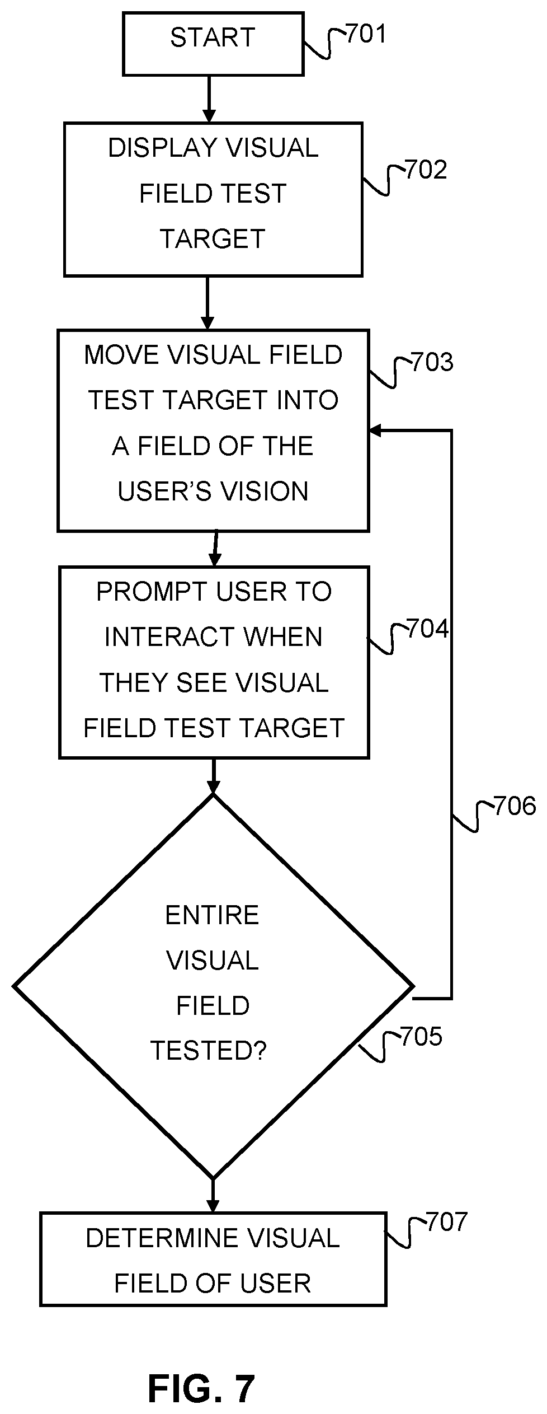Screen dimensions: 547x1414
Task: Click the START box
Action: click(213, 44)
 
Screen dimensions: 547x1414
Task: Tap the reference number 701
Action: click(366, 34)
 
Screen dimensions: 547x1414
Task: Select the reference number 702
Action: click(426, 170)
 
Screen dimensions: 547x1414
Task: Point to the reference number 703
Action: click(432, 362)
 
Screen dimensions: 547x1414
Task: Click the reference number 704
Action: click(428, 629)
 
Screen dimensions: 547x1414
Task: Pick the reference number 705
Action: click(421, 1036)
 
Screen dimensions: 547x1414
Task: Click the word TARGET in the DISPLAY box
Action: click(213, 239)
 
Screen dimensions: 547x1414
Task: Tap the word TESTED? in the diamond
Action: click(209, 1050)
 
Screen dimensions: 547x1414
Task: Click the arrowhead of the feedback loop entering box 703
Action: click(375, 430)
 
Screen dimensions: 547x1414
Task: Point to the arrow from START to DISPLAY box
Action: click(209, 99)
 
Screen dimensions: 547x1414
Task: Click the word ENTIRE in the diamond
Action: click(213, 915)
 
